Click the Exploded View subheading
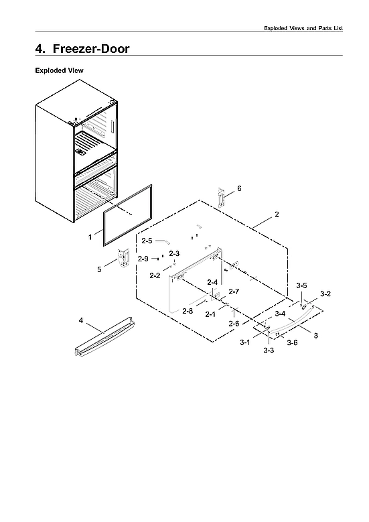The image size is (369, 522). (x=59, y=70)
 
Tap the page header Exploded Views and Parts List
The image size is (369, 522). (x=303, y=28)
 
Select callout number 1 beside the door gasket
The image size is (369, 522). (x=90, y=237)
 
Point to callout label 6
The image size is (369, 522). (x=239, y=188)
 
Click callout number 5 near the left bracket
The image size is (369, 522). (x=99, y=269)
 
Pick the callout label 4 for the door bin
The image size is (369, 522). (x=81, y=321)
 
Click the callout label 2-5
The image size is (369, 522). (x=147, y=241)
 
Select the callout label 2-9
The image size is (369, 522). (x=143, y=259)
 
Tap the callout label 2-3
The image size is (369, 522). (x=174, y=253)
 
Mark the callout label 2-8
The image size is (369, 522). (x=188, y=311)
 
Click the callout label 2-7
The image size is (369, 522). (x=234, y=291)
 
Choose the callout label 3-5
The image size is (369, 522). (x=302, y=285)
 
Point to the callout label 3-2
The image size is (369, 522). (x=325, y=293)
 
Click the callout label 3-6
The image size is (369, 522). (x=292, y=342)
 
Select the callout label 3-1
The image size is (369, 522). (x=245, y=342)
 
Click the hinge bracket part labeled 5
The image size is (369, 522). (x=123, y=259)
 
